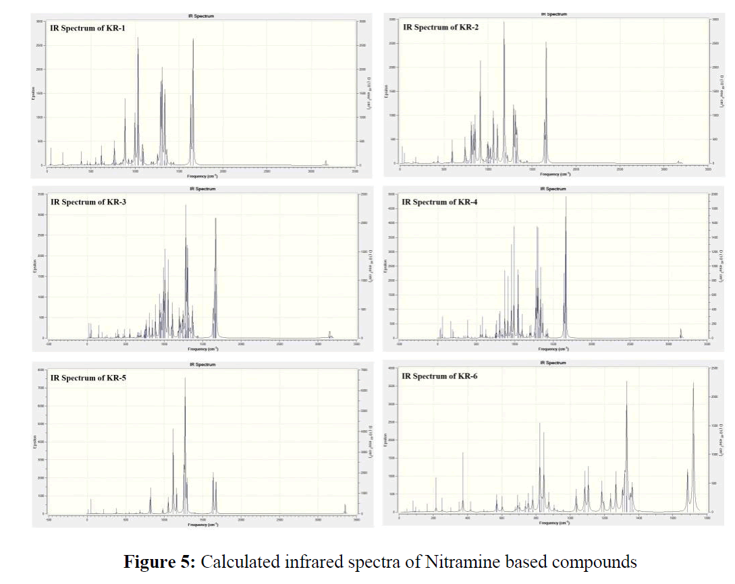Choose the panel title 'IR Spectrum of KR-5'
point(88,378)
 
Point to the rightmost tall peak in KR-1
point(193,40)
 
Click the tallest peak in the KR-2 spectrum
point(503,24)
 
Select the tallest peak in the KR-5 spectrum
point(185,380)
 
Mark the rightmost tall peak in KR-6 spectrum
point(693,384)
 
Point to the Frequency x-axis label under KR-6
point(552,523)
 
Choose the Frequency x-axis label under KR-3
point(201,349)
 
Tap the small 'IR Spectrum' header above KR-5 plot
point(201,364)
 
